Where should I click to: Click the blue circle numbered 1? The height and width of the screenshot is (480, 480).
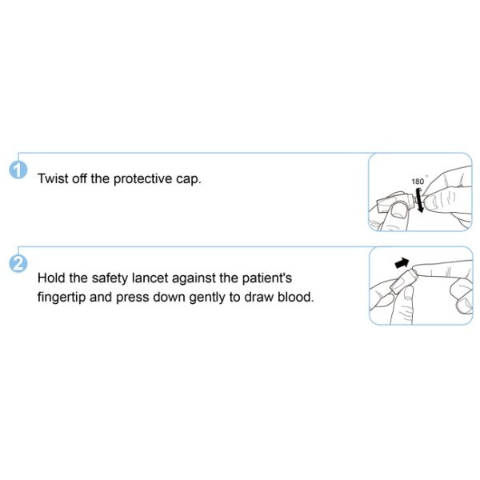point(18,170)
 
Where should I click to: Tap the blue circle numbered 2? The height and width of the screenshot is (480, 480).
point(18,263)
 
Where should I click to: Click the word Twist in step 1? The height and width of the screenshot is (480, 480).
point(53,178)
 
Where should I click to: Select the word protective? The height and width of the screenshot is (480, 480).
point(142,179)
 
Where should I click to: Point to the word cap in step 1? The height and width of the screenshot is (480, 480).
point(188,180)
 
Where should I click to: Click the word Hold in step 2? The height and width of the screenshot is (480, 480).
point(51,278)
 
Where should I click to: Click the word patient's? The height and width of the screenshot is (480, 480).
point(267,278)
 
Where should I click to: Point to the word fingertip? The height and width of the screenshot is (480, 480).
point(62,298)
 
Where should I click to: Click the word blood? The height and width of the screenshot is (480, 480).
point(296,297)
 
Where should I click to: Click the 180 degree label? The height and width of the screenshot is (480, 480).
point(418,182)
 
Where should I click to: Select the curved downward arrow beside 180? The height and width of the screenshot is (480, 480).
point(419,201)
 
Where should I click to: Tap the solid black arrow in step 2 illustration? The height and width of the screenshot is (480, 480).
point(402,262)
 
